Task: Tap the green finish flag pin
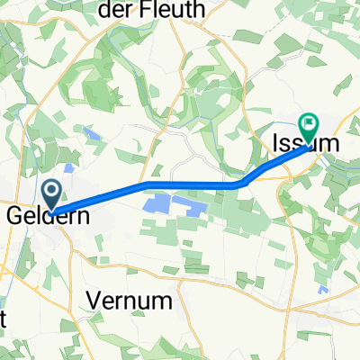309,128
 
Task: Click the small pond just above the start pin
69,168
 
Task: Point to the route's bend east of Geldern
147,184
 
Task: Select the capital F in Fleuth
156,10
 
